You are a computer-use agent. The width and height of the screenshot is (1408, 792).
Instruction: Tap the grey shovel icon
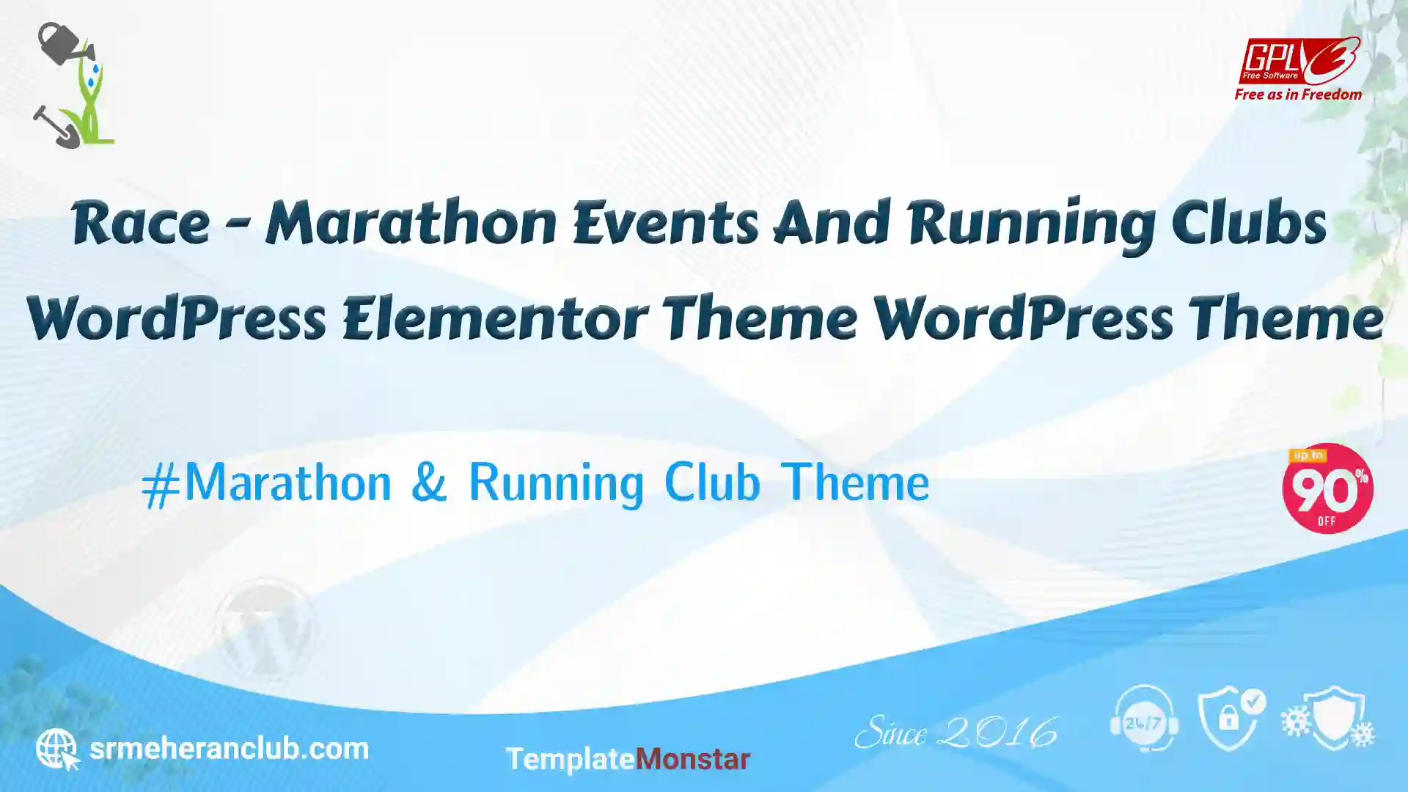(56, 127)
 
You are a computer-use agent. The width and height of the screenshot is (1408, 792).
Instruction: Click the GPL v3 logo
(1299, 61)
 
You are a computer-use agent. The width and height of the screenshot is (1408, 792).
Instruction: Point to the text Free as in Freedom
(1298, 95)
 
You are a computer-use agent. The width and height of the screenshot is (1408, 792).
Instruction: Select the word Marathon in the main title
(411, 222)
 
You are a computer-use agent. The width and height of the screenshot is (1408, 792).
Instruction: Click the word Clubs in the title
(1249, 221)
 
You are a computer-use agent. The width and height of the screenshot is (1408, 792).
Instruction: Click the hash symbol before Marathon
(161, 485)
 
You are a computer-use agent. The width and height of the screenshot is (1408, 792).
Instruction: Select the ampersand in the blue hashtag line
(429, 482)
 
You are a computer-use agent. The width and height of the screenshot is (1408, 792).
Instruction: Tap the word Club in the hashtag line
(712, 482)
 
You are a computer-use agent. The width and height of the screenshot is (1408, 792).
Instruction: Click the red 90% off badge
(1327, 488)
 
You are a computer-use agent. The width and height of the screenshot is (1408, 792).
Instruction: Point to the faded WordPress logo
(265, 628)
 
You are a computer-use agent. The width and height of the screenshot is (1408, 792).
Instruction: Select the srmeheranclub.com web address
(229, 749)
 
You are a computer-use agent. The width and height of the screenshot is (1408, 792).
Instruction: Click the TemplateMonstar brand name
(628, 759)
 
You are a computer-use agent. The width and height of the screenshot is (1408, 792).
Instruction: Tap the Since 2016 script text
(956, 732)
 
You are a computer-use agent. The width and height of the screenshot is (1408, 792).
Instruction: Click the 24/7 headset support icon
(1144, 719)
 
